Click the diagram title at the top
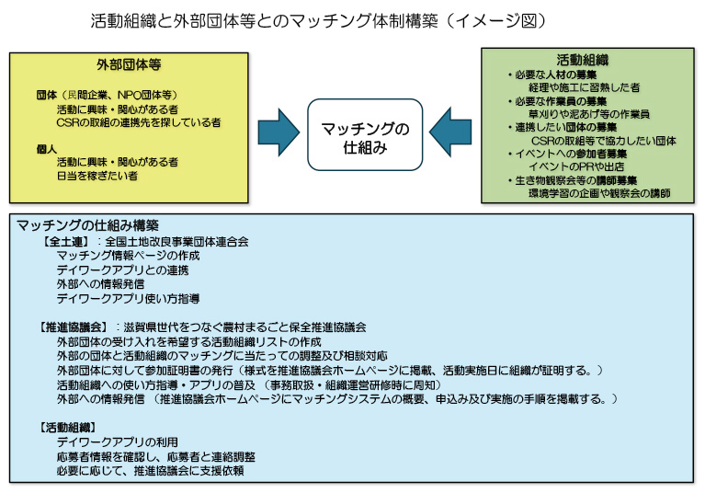click(318, 19)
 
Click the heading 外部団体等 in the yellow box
click(129, 65)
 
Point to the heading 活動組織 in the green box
click(588, 60)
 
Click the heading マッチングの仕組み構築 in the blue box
click(88, 224)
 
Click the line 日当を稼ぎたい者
click(97, 175)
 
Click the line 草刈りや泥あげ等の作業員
click(588, 114)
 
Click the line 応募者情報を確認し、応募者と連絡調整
click(155, 456)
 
